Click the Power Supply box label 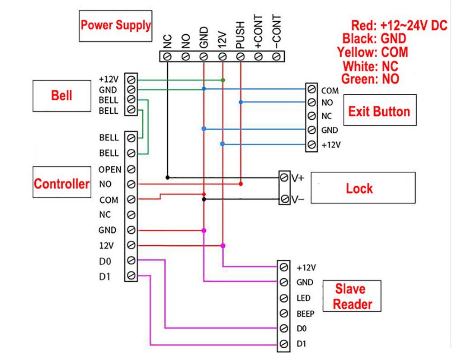(x=116, y=24)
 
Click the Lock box (x=360, y=188)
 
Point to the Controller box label (x=62, y=184)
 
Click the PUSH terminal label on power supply (x=240, y=35)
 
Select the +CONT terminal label (x=259, y=32)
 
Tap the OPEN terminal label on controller (x=110, y=169)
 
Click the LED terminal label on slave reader (x=304, y=298)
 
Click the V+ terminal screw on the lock (x=285, y=177)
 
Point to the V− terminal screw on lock (x=285, y=199)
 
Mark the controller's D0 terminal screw (x=131, y=260)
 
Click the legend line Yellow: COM (x=372, y=52)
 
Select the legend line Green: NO (x=370, y=79)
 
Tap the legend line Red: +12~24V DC (x=399, y=25)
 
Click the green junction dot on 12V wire (x=222, y=80)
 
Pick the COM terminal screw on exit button (x=311, y=89)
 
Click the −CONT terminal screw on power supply (x=277, y=56)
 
